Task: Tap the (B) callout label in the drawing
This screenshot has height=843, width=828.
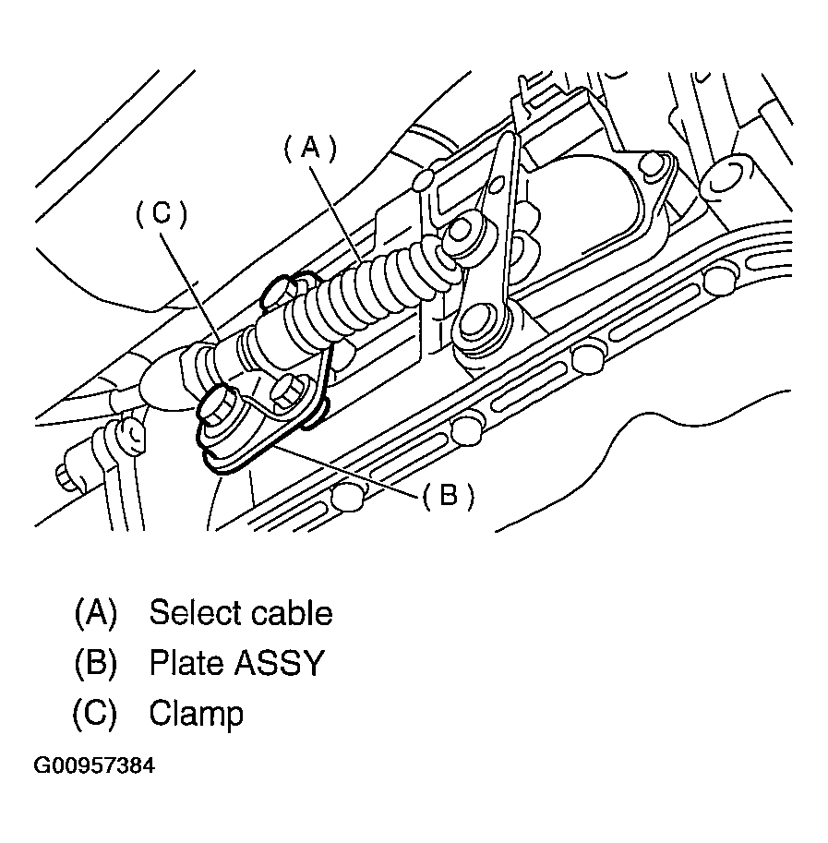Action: pos(449,497)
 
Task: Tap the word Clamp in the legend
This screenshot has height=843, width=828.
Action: pos(196,713)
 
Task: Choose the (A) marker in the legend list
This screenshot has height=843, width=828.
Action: pos(95,613)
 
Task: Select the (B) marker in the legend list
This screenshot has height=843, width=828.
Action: pos(95,663)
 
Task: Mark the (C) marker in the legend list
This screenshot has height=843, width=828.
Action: pos(95,713)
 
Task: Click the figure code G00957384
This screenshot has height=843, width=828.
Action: pos(94,766)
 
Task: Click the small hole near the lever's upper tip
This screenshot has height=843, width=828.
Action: pos(505,150)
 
